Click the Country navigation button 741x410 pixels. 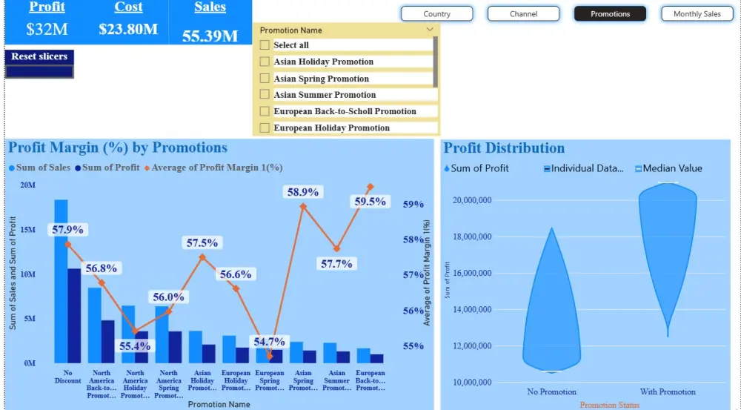click(x=436, y=14)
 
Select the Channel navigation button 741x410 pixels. click(x=523, y=14)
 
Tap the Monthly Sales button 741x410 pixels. click(x=697, y=14)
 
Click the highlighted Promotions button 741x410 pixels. click(x=610, y=14)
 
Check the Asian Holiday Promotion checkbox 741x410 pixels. click(x=265, y=62)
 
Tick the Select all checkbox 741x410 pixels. click(x=265, y=45)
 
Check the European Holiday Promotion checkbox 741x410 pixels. click(x=265, y=128)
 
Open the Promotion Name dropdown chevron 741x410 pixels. click(x=430, y=30)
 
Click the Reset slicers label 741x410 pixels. click(x=39, y=56)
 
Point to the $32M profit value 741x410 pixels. click(x=47, y=30)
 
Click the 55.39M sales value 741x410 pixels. click(x=210, y=36)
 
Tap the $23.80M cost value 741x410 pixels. click(x=128, y=30)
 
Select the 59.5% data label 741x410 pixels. click(x=370, y=202)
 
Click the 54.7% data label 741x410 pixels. click(x=269, y=342)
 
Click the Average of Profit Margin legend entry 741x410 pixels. click(x=217, y=168)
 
